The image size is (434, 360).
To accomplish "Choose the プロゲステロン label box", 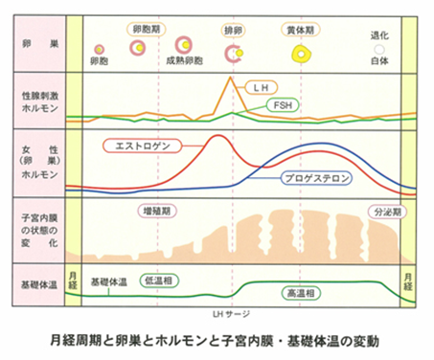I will [315, 178].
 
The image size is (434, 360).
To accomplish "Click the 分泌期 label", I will [385, 210].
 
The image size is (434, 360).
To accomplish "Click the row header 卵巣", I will [30, 43].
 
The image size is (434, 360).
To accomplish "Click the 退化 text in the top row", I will [380, 34].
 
